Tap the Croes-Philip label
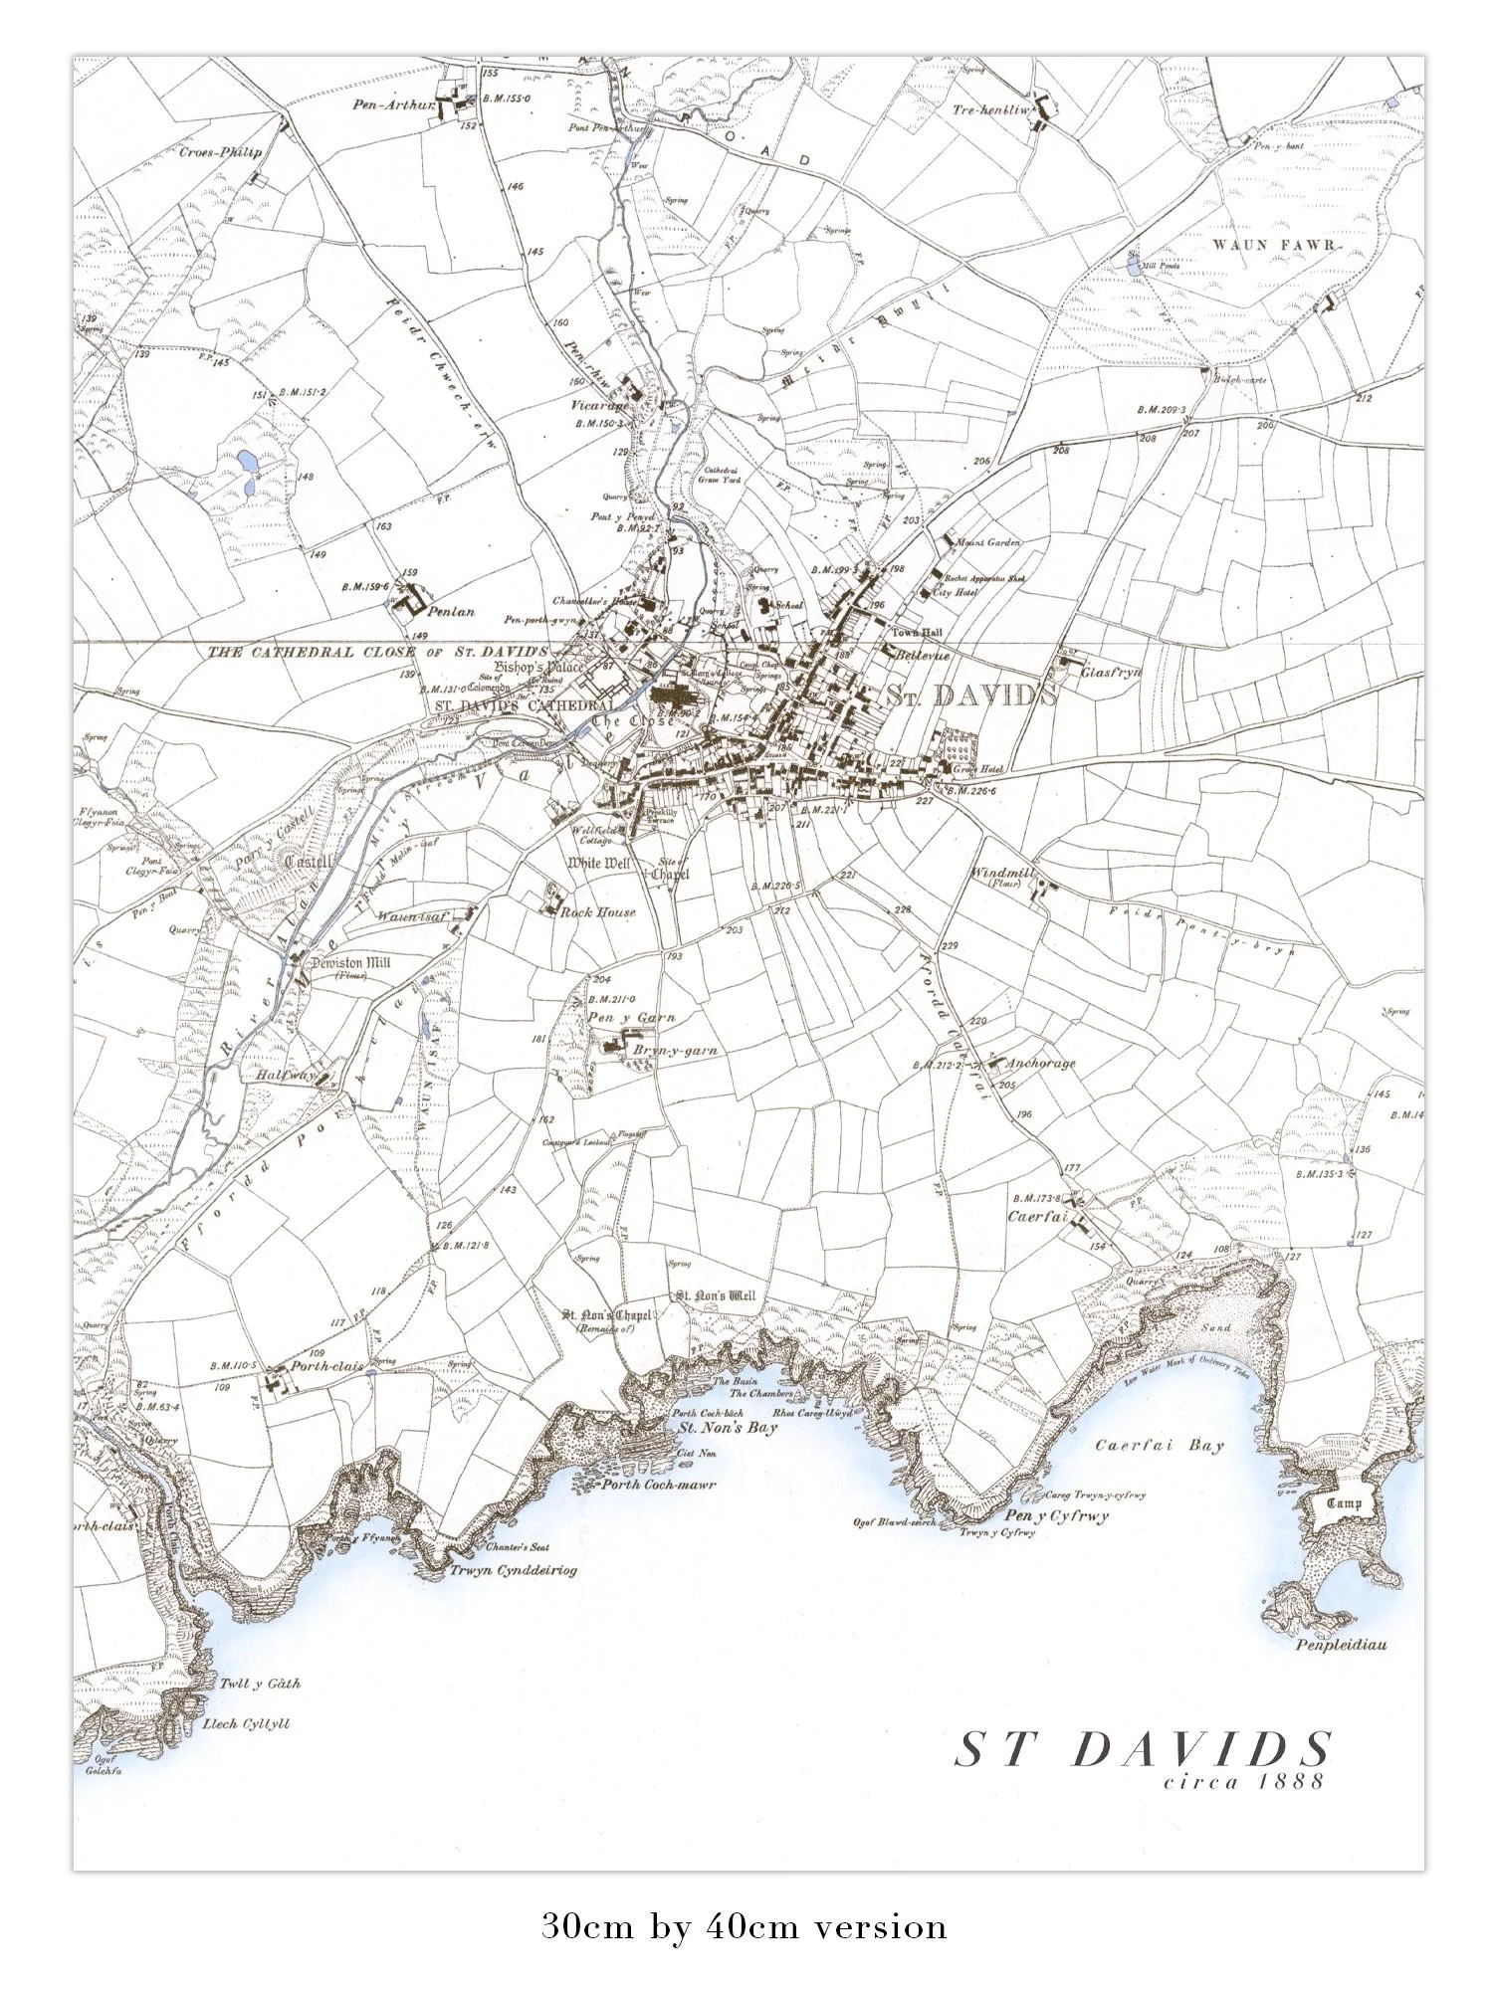coord(219,153)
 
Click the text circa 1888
coord(1244,1781)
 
